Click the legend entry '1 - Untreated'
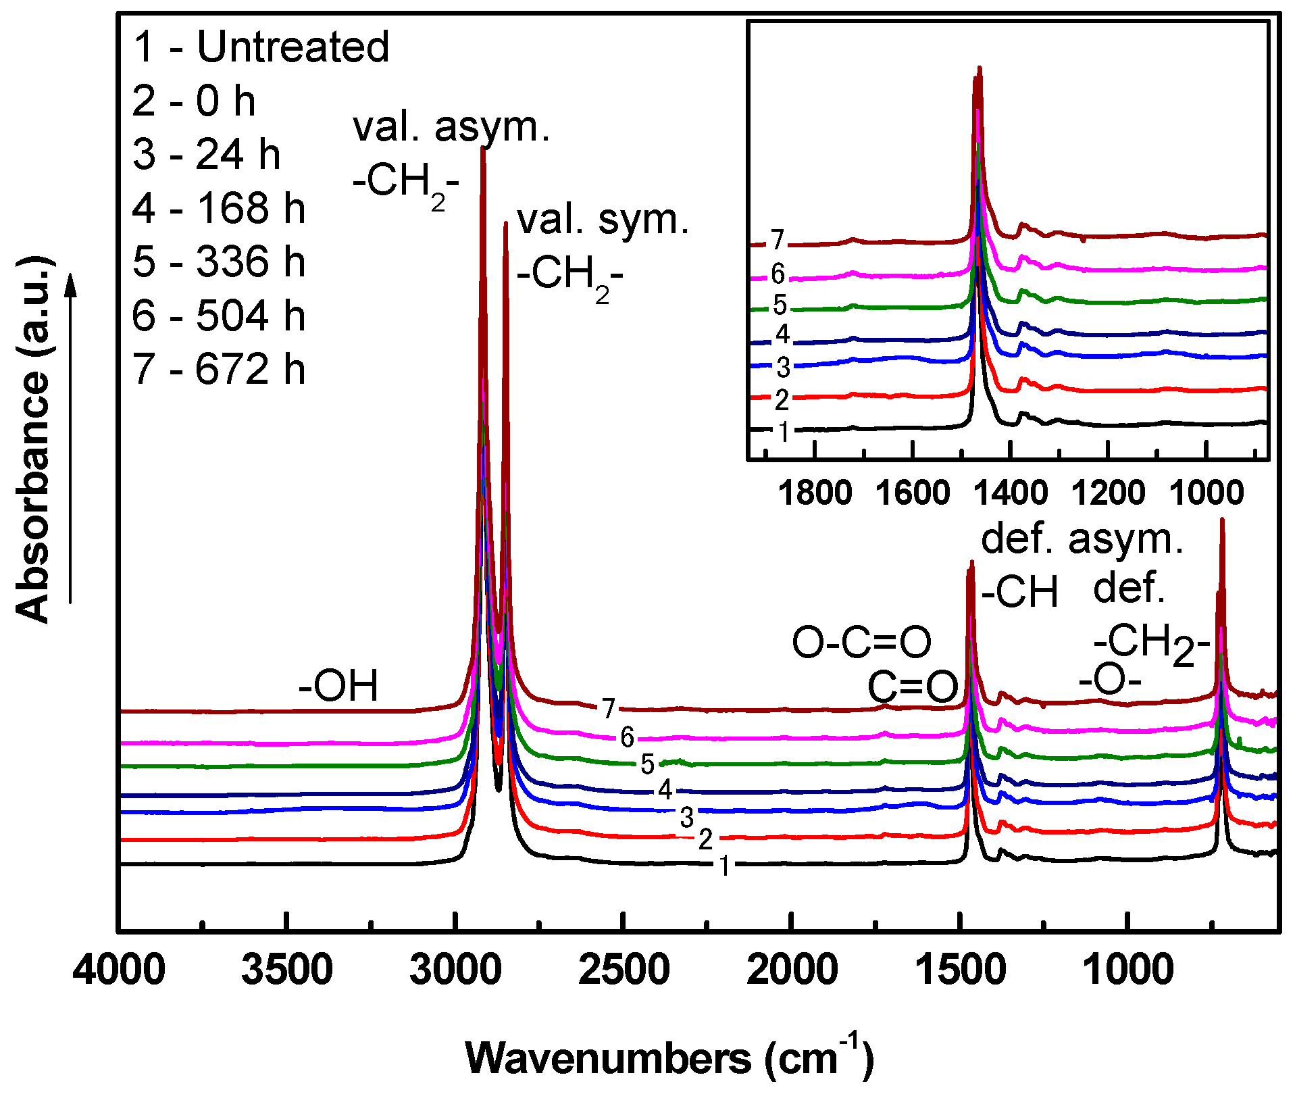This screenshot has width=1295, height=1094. pyautogui.click(x=261, y=47)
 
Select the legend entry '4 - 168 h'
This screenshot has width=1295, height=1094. pyautogui.click(x=219, y=208)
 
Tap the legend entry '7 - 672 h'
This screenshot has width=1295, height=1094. pyautogui.click(x=219, y=370)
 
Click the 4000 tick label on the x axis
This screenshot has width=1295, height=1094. pyautogui.click(x=120, y=970)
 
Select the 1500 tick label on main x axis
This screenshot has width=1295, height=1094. pyautogui.click(x=960, y=970)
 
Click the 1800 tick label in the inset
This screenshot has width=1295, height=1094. pyautogui.click(x=815, y=493)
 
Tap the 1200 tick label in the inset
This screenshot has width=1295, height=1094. pyautogui.click(x=1108, y=493)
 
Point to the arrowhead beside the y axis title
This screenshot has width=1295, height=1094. pyautogui.click(x=70, y=284)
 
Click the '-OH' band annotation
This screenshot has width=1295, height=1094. pyautogui.click(x=338, y=686)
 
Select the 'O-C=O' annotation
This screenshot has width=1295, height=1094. pyautogui.click(x=861, y=642)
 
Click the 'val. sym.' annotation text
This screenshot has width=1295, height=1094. pyautogui.click(x=603, y=220)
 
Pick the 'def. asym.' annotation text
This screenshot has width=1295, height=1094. pyautogui.click(x=1082, y=539)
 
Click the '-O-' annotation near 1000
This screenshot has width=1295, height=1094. pyautogui.click(x=1110, y=680)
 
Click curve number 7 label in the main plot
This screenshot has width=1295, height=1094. pyautogui.click(x=609, y=708)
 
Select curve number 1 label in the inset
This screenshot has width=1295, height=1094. pyautogui.click(x=783, y=431)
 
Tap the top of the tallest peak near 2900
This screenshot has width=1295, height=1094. pyautogui.click(x=482, y=149)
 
